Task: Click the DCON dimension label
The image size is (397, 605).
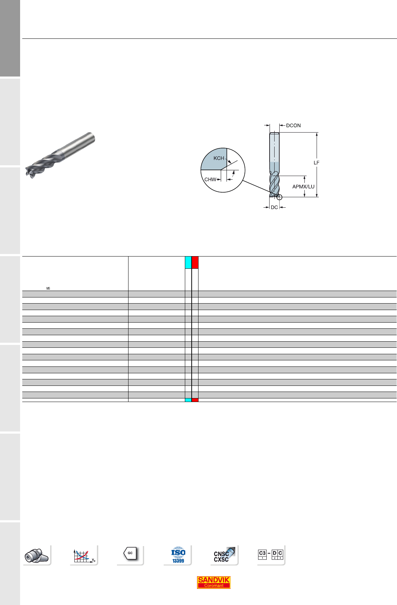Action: pyautogui.click(x=293, y=125)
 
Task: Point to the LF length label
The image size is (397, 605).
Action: pyautogui.click(x=316, y=163)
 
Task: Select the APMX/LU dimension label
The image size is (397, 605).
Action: pyautogui.click(x=303, y=186)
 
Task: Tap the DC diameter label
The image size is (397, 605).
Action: pyautogui.click(x=274, y=207)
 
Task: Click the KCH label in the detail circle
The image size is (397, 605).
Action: pyautogui.click(x=219, y=158)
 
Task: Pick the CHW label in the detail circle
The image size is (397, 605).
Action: pyautogui.click(x=210, y=179)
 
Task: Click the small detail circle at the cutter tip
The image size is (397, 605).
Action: pyautogui.click(x=279, y=197)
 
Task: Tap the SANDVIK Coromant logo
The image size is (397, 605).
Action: pyautogui.click(x=214, y=582)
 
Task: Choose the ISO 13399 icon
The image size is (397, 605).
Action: pyautogui.click(x=178, y=555)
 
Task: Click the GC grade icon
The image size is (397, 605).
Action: pyautogui.click(x=130, y=553)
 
